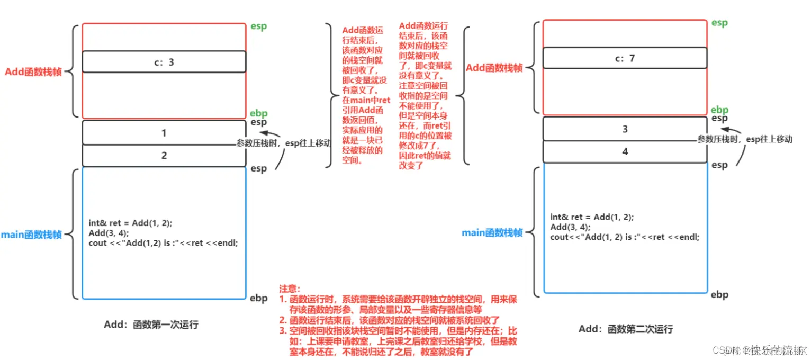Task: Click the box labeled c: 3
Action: tap(164, 62)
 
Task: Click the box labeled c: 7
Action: tap(625, 58)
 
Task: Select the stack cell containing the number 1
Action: tap(164, 133)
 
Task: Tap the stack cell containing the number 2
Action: tap(164, 156)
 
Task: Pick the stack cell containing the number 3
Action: tap(625, 129)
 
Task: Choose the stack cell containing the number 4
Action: tap(625, 151)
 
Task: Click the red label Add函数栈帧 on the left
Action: tap(33, 72)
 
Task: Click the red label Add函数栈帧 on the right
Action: tap(494, 68)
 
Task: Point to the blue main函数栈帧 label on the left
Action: tap(31, 235)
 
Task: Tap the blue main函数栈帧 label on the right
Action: tap(492, 232)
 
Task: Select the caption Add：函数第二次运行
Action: tap(626, 329)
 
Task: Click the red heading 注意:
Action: tap(290, 289)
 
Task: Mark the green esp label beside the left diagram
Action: tap(259, 27)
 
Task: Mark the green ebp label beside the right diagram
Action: tap(719, 110)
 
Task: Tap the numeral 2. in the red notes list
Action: tap(283, 320)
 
